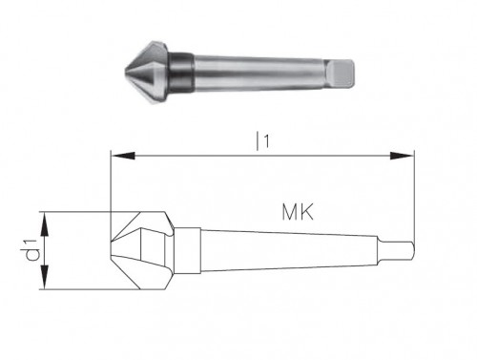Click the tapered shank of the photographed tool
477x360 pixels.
pos(258,69)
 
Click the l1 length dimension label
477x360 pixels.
pos(261,140)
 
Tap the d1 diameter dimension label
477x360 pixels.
pos(31,250)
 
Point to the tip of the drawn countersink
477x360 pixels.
pos(114,250)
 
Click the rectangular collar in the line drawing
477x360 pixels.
pos(186,250)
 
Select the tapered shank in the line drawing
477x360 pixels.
pos(286,250)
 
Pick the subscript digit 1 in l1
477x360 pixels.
pos(268,143)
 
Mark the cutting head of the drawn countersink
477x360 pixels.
pos(143,250)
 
